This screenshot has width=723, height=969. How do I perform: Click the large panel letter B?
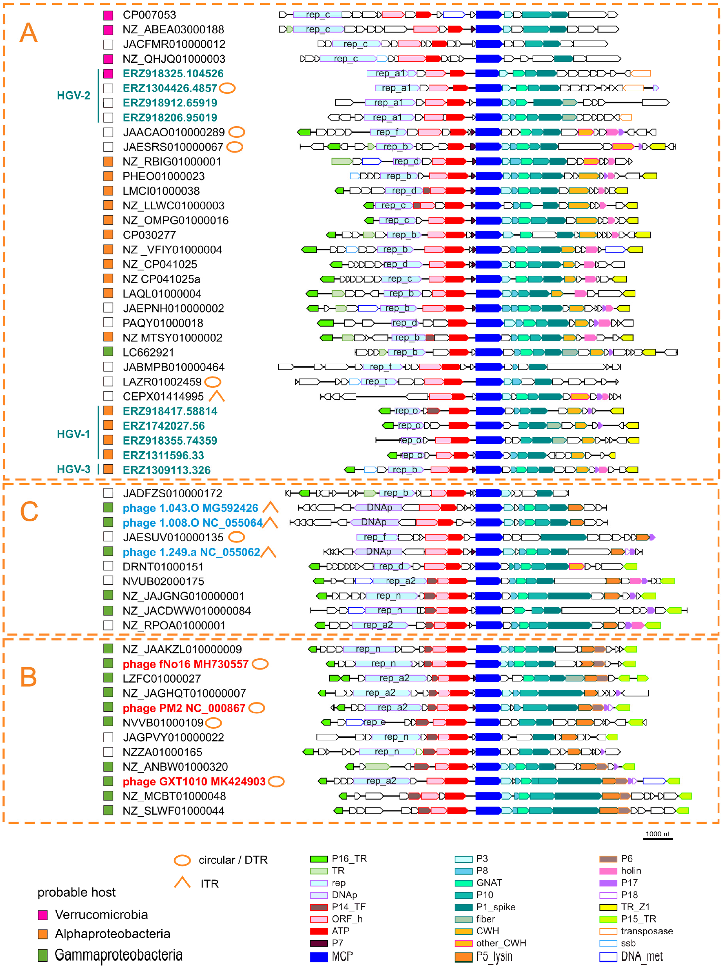[28, 677]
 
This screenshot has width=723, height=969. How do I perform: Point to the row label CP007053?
[149, 15]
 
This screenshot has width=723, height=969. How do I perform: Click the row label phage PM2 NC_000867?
[184, 708]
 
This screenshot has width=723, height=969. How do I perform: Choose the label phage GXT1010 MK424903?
[194, 781]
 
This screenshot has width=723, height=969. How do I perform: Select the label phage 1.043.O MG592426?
[190, 508]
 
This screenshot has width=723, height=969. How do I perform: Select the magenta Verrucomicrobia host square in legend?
[42, 914]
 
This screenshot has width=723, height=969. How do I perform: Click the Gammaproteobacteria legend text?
[118, 954]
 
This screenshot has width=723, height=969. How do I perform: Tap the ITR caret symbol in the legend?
[182, 882]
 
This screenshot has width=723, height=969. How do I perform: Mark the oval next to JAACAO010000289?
[237, 132]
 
